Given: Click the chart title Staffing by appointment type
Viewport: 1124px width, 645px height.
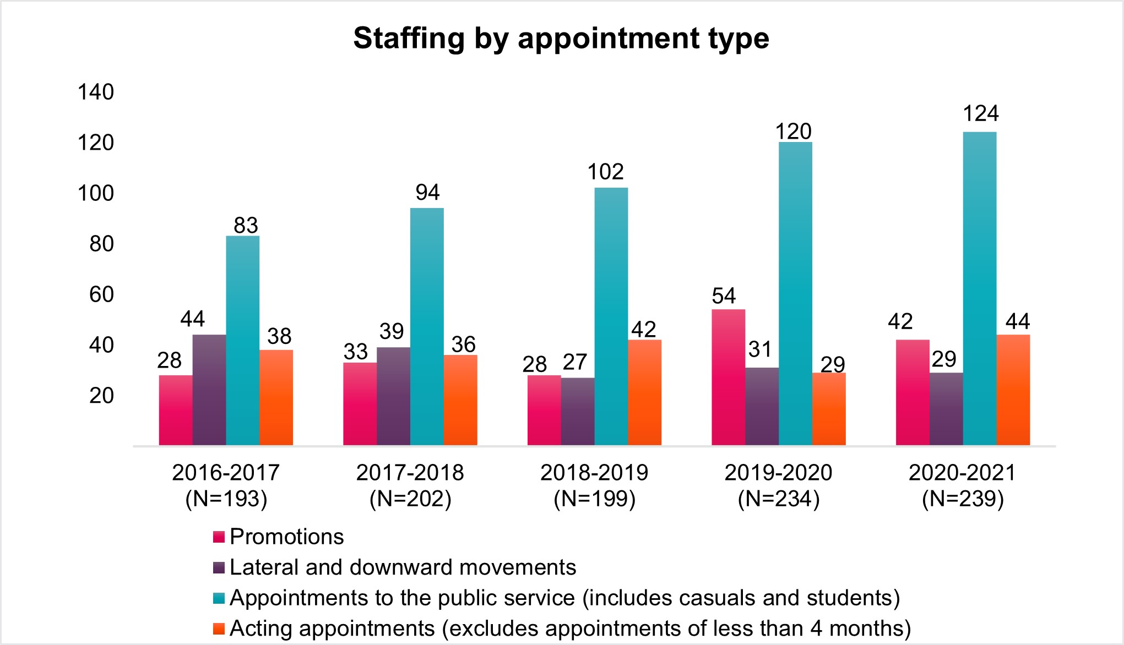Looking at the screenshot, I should coord(561,38).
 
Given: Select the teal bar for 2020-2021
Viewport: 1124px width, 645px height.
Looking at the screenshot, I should coord(979,288).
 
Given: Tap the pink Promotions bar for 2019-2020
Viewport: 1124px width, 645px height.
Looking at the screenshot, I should coord(728,377).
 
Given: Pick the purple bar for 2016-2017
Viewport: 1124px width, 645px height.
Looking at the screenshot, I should coord(209,390).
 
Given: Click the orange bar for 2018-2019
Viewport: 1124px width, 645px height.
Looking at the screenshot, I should coord(644,392).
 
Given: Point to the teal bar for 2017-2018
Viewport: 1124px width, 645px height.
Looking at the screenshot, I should coord(427,326).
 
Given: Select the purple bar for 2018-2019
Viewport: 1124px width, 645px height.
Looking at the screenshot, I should coord(578,411).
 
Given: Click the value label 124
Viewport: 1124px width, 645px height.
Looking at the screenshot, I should coord(980,113).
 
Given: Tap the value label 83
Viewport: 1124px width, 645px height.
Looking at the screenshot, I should coord(246,225).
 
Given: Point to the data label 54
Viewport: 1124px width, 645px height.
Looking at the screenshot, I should coord(724,296).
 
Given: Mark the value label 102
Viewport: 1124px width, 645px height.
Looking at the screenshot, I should coord(605,172).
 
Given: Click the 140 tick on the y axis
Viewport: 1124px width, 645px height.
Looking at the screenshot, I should coord(96,92).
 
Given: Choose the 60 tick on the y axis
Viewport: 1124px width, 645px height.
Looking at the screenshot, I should coord(101,294).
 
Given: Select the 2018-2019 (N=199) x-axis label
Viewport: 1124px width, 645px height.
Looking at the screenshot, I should coord(594,485).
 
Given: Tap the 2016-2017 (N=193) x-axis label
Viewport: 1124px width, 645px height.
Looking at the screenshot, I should coord(226,485).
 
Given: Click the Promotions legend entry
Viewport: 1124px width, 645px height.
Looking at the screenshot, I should coord(286,537).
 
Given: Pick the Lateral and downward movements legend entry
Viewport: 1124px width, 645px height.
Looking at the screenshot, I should coord(403,567).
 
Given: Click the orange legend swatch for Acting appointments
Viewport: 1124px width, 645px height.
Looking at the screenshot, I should coord(219,628).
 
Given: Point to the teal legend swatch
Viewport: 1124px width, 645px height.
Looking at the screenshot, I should coord(219,598).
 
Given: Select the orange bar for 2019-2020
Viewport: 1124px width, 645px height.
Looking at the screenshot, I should coord(829,409).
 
